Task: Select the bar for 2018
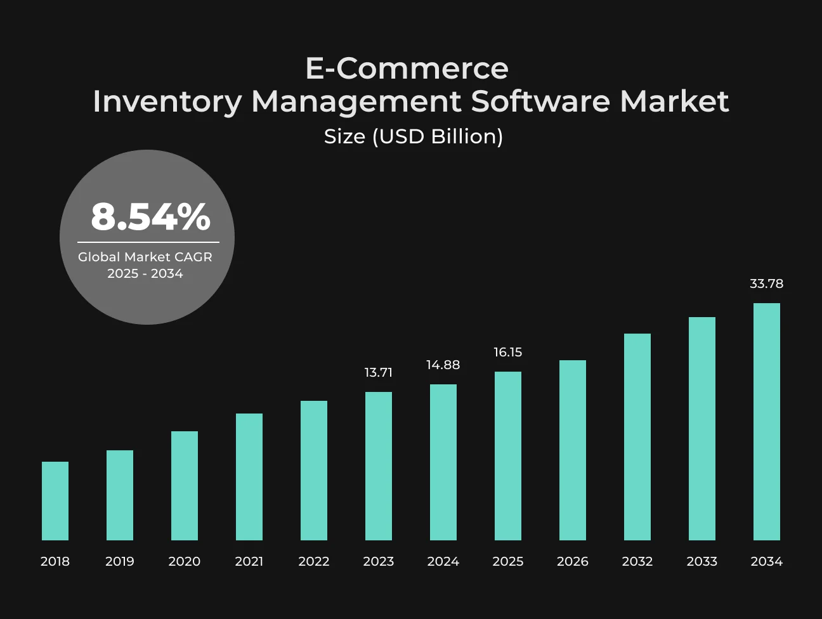click(55, 500)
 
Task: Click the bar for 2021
click(249, 477)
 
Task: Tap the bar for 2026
click(573, 450)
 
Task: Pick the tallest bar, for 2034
click(767, 422)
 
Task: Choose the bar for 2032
click(637, 436)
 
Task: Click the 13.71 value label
click(379, 372)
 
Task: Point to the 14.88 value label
click(443, 365)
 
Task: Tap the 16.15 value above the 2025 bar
click(508, 352)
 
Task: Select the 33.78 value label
click(767, 283)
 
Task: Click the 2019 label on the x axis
click(120, 561)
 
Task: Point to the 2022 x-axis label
click(314, 561)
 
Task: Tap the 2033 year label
click(701, 561)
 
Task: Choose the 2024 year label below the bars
click(443, 561)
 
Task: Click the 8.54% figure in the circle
click(150, 216)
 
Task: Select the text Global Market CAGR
click(145, 257)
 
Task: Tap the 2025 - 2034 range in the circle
click(145, 273)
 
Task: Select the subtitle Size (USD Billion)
click(414, 136)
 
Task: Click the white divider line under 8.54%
click(148, 242)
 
